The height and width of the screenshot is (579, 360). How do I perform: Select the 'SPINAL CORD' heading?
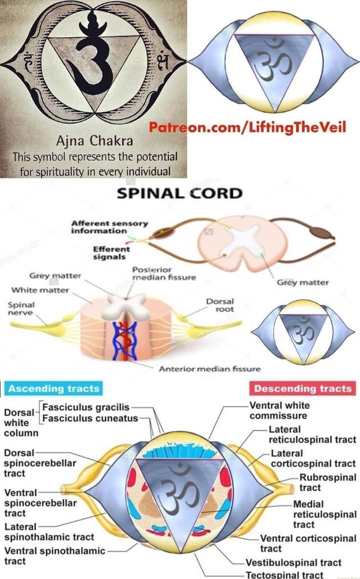[179, 194]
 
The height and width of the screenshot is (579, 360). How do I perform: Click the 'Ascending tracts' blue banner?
[54, 388]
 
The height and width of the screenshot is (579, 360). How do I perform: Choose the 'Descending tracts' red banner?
[303, 388]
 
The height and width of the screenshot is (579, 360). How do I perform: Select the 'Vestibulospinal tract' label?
[293, 562]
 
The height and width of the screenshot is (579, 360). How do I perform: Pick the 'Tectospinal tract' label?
[284, 574]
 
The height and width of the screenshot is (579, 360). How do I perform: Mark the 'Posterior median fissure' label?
[164, 273]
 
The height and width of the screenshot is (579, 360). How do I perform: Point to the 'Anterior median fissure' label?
[210, 369]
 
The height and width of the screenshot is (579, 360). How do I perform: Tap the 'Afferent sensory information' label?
[110, 227]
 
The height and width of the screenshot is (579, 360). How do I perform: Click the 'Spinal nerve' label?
[20, 308]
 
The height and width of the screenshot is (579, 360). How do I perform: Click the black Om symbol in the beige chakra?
[93, 56]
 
